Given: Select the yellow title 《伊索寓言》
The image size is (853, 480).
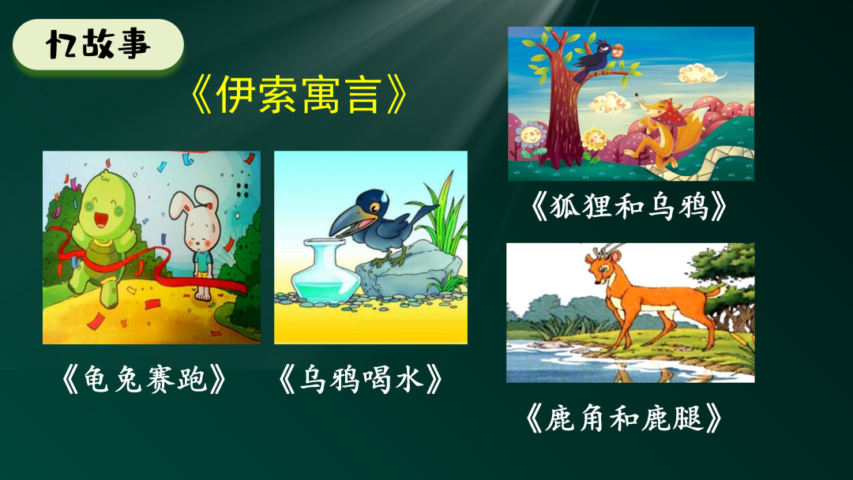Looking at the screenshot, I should [x=299, y=97].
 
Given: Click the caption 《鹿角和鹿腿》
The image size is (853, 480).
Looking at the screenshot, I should [x=623, y=418].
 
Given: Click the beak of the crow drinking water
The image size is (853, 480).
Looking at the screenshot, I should [x=346, y=225].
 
